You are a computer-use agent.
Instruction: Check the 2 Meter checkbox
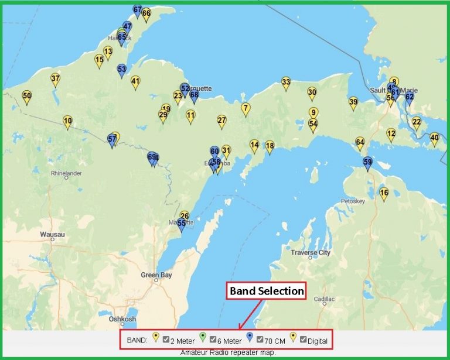[x=166, y=340]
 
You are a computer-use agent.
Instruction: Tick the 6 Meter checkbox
[x=213, y=340]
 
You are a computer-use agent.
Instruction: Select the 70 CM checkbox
[x=260, y=340]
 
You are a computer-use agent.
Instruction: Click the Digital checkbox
[x=304, y=340]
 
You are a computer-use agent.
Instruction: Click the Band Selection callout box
[x=267, y=291]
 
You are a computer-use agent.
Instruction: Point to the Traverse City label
[x=311, y=253]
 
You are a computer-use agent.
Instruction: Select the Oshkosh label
[x=122, y=319]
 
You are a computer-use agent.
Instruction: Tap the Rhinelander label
[x=66, y=173]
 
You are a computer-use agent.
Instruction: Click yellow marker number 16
[x=384, y=193]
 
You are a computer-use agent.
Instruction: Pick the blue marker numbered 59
[x=367, y=162]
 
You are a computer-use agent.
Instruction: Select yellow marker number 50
[x=26, y=95]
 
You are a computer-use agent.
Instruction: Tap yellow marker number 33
[x=286, y=82]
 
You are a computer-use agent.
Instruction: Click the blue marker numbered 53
[x=122, y=69]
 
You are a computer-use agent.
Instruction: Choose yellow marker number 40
[x=434, y=138]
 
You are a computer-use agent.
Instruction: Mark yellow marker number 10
[x=67, y=121]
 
